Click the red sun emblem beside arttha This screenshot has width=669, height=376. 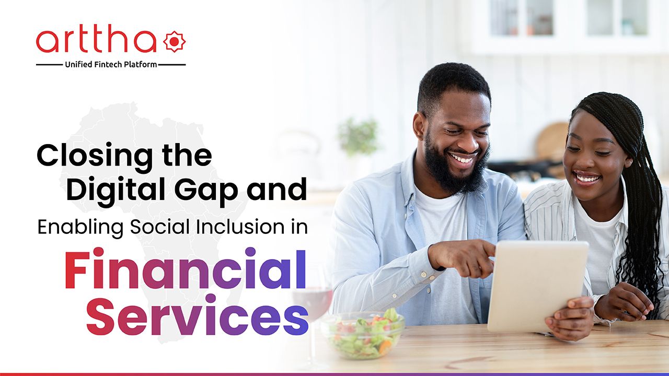(174, 41)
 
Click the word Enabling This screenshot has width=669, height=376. (80, 228)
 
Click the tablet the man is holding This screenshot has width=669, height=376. (537, 286)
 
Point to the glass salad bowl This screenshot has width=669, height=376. (364, 334)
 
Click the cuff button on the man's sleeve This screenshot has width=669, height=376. (423, 274)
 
